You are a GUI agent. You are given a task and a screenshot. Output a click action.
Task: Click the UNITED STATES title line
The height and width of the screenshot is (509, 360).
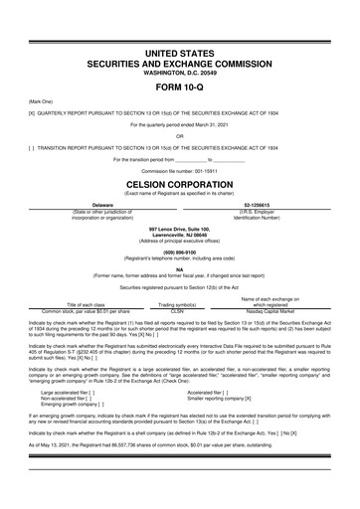pos(179,51)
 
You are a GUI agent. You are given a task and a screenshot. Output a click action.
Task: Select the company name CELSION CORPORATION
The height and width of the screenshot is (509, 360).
pos(179,186)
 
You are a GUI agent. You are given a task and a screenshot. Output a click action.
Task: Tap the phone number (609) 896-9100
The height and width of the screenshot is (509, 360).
pos(179,252)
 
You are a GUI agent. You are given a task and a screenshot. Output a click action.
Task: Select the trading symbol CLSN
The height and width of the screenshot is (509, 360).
pos(179,310)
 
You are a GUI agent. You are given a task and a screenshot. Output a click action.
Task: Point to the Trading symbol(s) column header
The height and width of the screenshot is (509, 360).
pos(179,304)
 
